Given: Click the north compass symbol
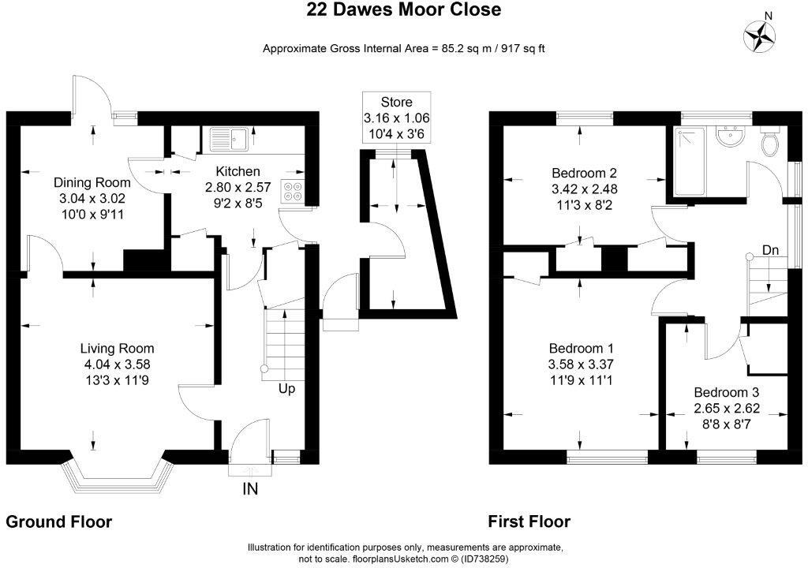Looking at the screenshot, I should click(761, 35).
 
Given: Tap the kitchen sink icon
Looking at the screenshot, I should click(230, 139).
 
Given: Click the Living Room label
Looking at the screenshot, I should click(117, 348).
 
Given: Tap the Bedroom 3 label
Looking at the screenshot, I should click(726, 392).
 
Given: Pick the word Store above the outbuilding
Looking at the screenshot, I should click(396, 102).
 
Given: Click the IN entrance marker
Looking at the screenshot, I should click(250, 489).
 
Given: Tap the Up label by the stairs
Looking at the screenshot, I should click(286, 388).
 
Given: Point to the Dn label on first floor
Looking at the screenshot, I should click(771, 250).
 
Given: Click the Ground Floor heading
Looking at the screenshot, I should click(59, 521).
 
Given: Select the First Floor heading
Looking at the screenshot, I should click(529, 521).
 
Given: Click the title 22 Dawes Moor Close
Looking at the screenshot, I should click(403, 10).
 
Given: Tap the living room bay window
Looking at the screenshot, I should click(117, 472).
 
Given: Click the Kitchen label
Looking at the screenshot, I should click(238, 171).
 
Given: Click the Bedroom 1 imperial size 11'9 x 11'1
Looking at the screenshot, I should click(583, 381).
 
